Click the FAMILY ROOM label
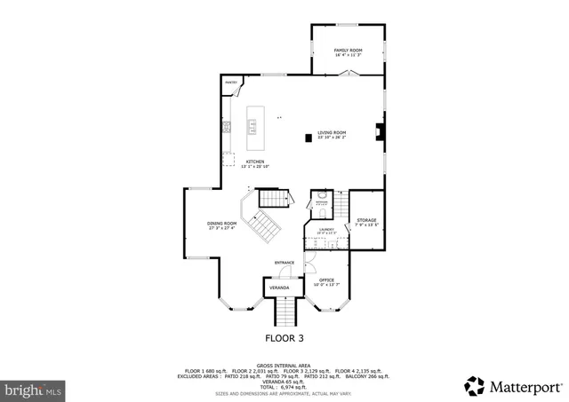click(348, 51)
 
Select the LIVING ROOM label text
click(331, 133)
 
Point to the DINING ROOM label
click(221, 224)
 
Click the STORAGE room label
click(366, 220)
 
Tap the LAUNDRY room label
click(326, 230)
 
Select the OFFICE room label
click(327, 280)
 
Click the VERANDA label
click(279, 288)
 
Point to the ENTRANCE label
click(284, 263)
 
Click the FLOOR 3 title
click(284, 338)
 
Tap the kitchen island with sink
click(252, 125)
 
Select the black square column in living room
click(308, 137)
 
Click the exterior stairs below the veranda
click(284, 311)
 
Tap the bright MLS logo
click(34, 389)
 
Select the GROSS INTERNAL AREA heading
click(284, 365)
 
